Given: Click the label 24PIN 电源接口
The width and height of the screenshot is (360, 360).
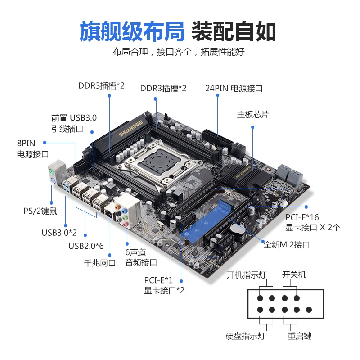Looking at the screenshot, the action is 234,88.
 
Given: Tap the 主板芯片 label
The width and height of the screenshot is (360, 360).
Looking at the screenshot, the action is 253,114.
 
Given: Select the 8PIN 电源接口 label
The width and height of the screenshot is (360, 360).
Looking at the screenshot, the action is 33,148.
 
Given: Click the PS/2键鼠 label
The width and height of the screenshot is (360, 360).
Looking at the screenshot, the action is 40,211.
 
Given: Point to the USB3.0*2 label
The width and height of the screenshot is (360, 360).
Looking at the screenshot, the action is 59,233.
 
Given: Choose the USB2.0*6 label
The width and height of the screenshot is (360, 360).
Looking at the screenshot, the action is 86,246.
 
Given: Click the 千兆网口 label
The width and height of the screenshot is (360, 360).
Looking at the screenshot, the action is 100,263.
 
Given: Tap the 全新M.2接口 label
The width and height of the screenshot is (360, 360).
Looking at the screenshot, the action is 287,245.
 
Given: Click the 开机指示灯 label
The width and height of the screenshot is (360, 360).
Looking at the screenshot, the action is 246,275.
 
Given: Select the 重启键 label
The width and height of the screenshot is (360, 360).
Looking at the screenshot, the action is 299,336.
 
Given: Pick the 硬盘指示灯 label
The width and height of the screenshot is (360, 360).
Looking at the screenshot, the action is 245,336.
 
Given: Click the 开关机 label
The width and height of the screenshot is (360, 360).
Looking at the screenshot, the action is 294,274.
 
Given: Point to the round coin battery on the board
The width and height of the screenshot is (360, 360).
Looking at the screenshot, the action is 237,229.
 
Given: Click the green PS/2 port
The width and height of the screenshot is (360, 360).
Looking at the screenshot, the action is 51,172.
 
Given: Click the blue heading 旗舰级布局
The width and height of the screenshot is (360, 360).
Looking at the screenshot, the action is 132,31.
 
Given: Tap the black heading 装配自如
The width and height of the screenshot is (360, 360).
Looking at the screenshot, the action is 234,31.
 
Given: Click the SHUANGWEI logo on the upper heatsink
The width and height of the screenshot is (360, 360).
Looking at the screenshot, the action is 131,128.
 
